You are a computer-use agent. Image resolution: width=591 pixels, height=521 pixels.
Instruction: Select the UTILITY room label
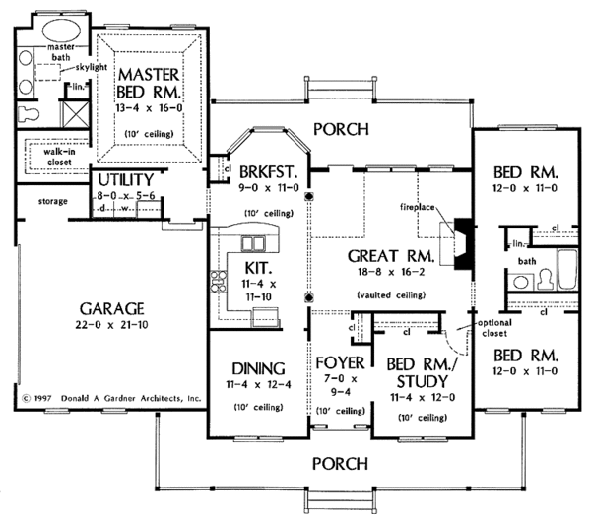point(124,180)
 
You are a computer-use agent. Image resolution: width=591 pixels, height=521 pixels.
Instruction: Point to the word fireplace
point(429,208)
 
